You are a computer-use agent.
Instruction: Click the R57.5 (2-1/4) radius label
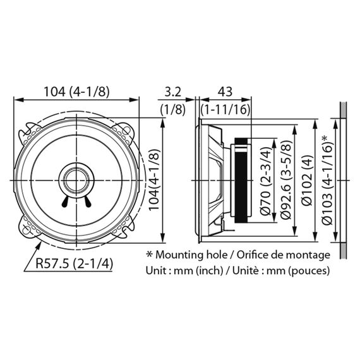74,263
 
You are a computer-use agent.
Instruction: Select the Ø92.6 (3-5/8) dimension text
286,179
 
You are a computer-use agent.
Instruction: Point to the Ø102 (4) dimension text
307,180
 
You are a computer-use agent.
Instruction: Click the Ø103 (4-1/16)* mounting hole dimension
327,180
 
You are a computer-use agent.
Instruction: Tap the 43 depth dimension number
225,92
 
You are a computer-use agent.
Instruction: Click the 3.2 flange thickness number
173,92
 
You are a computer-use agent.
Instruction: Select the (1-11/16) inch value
225,109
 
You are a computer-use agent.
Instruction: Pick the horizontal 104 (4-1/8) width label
76,92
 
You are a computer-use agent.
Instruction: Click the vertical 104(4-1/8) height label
154,180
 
